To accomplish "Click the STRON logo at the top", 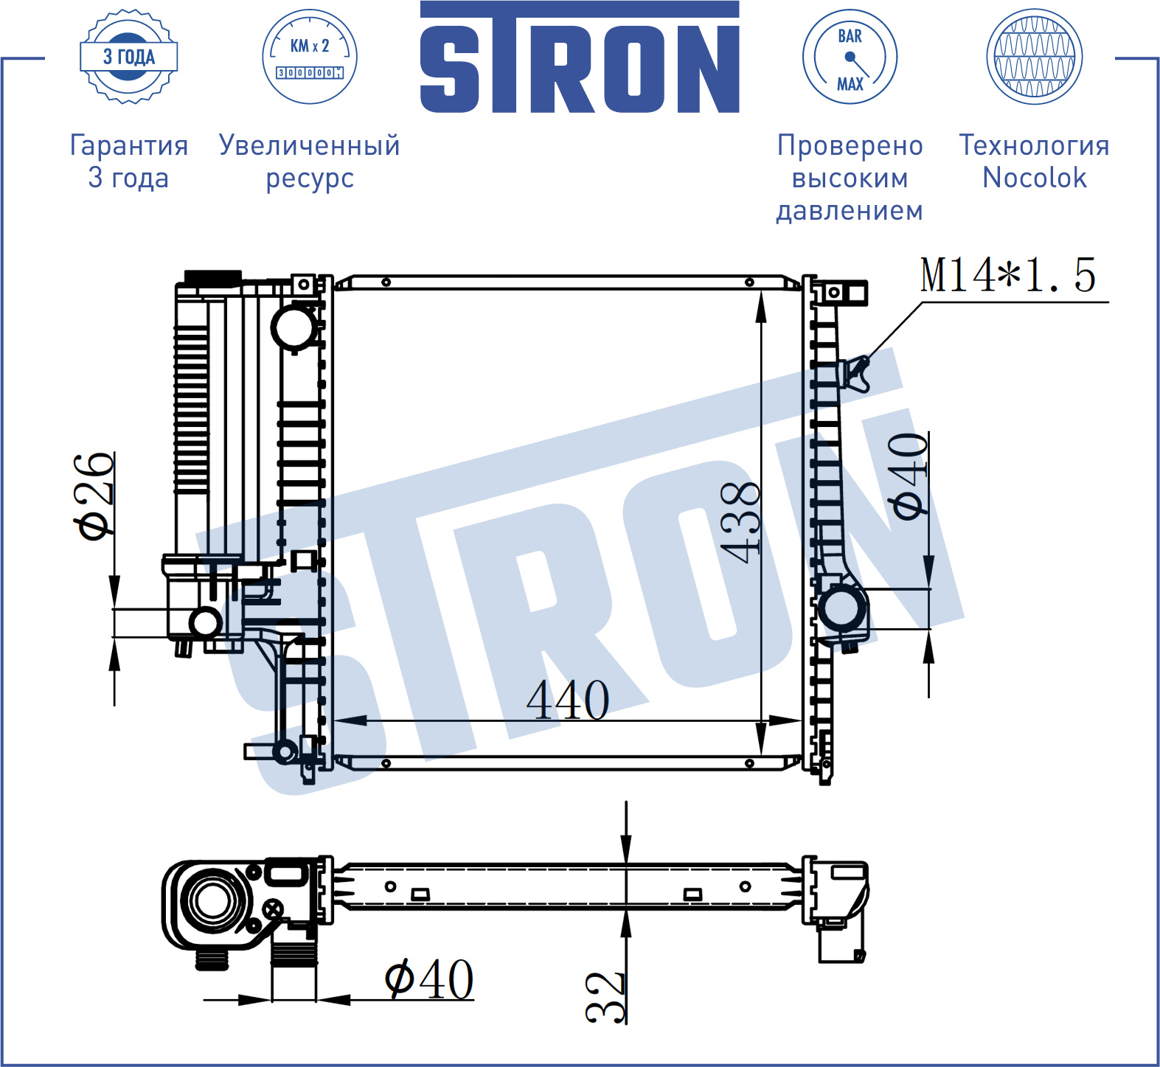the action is pyautogui.click(x=580, y=58).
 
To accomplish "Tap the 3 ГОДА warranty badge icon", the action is pyautogui.click(x=129, y=57).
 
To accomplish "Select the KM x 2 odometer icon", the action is pyautogui.click(x=310, y=57).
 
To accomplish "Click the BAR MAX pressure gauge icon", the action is pyautogui.click(x=850, y=57).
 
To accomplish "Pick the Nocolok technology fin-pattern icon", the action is pyautogui.click(x=1035, y=57).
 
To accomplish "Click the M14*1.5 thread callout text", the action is pyautogui.click(x=1008, y=275).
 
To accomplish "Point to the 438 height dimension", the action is pyautogui.click(x=740, y=522).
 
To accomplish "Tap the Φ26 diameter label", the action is pyautogui.click(x=94, y=496).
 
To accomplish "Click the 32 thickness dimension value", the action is pyautogui.click(x=605, y=997).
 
